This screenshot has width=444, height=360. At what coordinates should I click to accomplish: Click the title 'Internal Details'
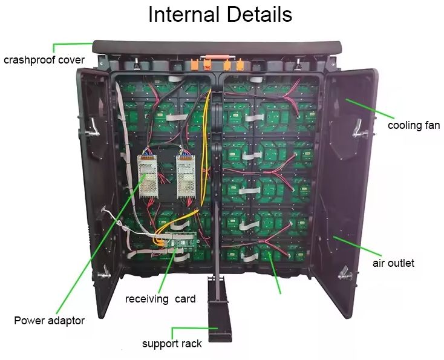coord(220,15)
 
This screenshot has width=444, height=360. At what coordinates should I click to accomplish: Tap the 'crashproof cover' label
coord(44,60)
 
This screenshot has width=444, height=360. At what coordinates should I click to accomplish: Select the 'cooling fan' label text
coord(414,126)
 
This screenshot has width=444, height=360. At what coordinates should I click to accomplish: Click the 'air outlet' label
coord(393,263)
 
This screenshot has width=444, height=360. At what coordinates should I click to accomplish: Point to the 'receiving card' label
coord(160,299)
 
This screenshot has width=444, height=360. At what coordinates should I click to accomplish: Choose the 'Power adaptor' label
coord(49,321)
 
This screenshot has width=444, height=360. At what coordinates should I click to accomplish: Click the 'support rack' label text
coord(172,344)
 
